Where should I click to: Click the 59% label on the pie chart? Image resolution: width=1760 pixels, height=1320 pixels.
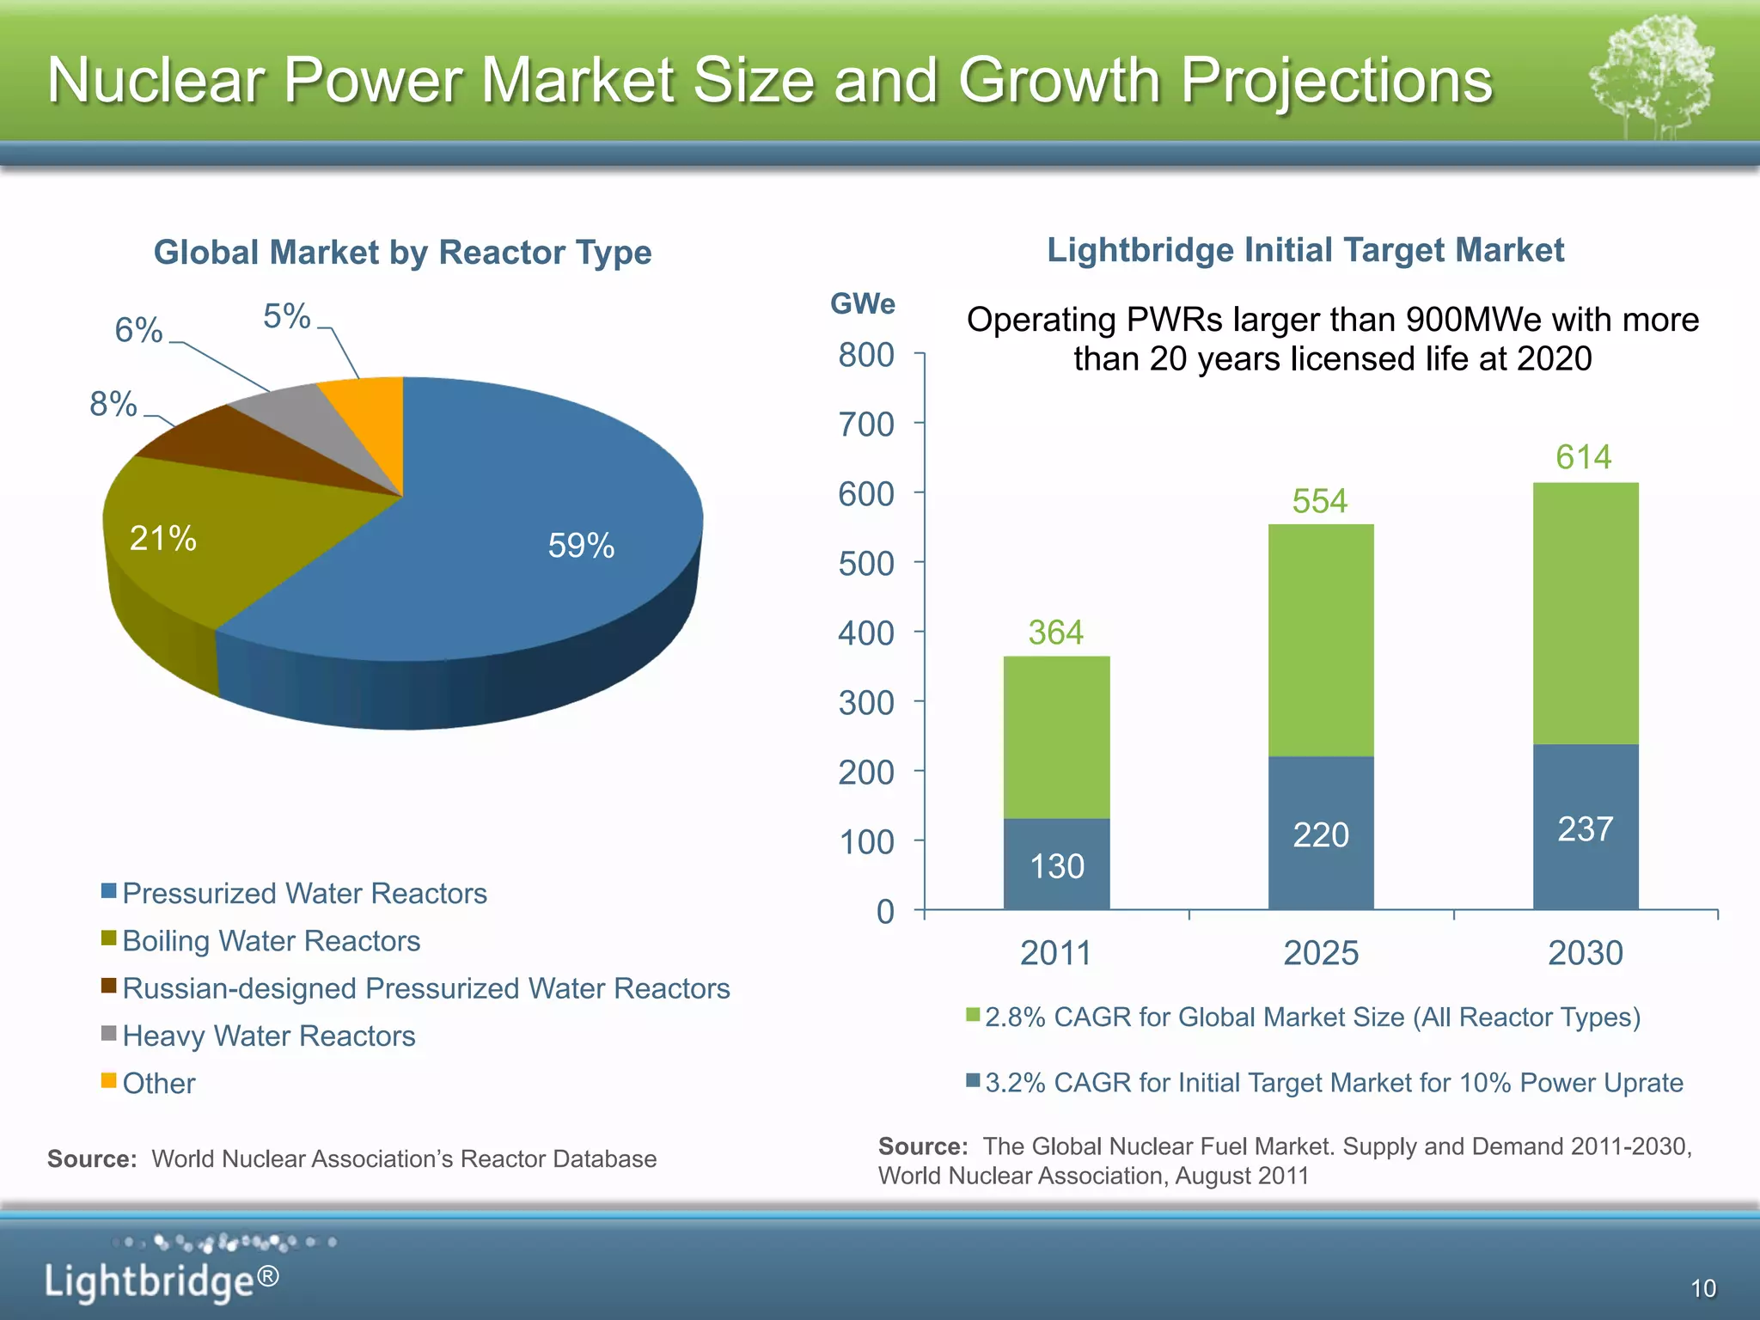[x=581, y=546]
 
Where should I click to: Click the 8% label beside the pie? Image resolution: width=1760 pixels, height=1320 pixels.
[x=113, y=404]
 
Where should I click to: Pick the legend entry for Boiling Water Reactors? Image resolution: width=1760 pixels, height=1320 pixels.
[x=271, y=941]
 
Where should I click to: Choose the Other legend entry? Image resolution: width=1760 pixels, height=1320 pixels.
[x=159, y=1084]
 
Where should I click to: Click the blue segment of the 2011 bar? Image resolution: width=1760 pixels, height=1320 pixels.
[x=1056, y=864]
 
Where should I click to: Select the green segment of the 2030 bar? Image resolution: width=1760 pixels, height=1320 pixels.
[x=1586, y=614]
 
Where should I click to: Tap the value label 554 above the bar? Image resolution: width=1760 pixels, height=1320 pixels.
[x=1320, y=501]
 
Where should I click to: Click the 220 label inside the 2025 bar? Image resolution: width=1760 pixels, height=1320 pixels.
[x=1321, y=835]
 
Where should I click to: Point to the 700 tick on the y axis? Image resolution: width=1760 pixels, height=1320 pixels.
[x=866, y=425]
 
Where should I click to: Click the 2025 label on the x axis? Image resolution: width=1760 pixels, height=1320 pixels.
[x=1321, y=953]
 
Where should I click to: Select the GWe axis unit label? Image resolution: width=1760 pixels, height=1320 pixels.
[x=862, y=303]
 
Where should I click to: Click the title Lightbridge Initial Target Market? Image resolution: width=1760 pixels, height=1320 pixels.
[x=1305, y=250]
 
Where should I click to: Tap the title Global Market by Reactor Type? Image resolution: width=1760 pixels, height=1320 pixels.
[x=402, y=253]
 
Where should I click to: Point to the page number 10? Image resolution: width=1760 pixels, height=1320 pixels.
[x=1702, y=1288]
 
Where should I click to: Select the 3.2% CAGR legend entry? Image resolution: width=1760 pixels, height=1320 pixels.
[x=1333, y=1083]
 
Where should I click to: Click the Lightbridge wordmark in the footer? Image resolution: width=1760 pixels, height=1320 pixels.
[x=162, y=1281]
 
